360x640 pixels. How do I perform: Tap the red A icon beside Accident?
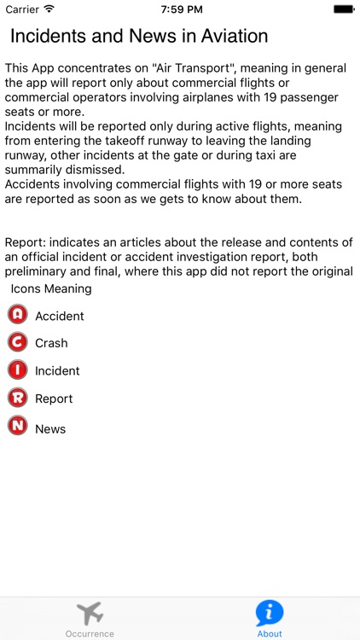pyautogui.click(x=17, y=315)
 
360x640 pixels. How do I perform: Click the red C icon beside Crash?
pyautogui.click(x=17, y=342)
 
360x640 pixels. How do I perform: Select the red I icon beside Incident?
pyautogui.click(x=17, y=370)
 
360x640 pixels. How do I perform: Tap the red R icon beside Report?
pyautogui.click(x=17, y=398)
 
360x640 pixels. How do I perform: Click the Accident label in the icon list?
pyautogui.click(x=60, y=316)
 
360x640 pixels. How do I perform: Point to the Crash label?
pyautogui.click(x=51, y=343)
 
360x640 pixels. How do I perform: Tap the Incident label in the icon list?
pyautogui.click(x=57, y=371)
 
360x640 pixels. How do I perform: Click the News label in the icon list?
pyautogui.click(x=50, y=429)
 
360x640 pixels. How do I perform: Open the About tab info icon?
pyautogui.click(x=270, y=613)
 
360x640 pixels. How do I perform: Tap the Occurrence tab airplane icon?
pyautogui.click(x=90, y=613)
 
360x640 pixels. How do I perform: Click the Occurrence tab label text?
pyautogui.click(x=90, y=634)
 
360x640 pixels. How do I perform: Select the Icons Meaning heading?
pyautogui.click(x=51, y=288)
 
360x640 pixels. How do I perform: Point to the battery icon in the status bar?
pyautogui.click(x=344, y=9)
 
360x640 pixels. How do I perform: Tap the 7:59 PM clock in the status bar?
pyautogui.click(x=180, y=9)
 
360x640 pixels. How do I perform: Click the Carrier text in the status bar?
pyautogui.click(x=22, y=9)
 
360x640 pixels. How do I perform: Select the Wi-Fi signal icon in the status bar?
pyautogui.click(x=49, y=9)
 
